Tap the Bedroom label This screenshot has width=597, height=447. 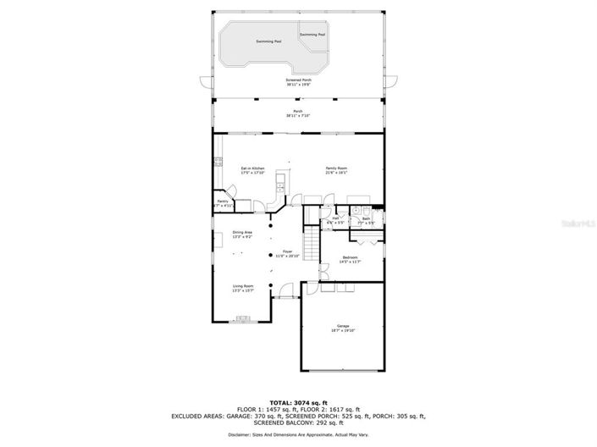[350, 258]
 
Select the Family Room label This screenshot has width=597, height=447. [337, 170]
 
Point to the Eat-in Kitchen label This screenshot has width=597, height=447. [252, 170]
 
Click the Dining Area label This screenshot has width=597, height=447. [243, 233]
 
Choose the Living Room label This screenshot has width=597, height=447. [244, 288]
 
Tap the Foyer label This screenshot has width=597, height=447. [287, 254]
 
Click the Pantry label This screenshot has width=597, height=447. [222, 203]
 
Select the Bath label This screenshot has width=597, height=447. [366, 220]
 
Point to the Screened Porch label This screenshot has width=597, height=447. [298, 81]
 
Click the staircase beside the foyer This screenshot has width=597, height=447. [312, 245]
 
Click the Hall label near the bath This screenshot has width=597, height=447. [336, 220]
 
